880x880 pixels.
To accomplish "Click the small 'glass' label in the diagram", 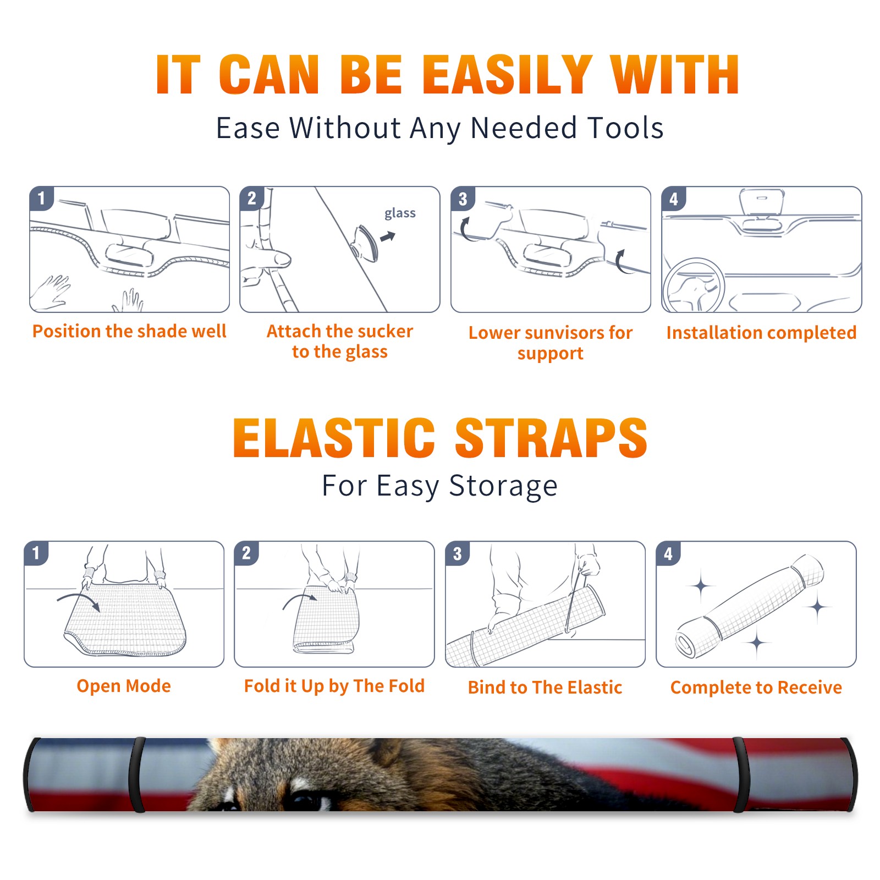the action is (x=400, y=213).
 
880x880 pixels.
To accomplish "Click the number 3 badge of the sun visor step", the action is (x=463, y=199).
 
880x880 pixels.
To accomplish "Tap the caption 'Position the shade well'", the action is (x=129, y=331).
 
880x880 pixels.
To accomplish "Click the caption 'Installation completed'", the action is (x=761, y=332).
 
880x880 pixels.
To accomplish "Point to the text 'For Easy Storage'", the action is (x=439, y=486).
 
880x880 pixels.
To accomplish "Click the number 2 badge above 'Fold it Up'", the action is (x=246, y=553).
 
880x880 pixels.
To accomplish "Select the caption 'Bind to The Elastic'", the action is (x=545, y=687).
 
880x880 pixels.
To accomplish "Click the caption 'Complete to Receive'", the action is (x=756, y=687).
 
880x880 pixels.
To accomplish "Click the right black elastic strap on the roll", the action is (x=740, y=774).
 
